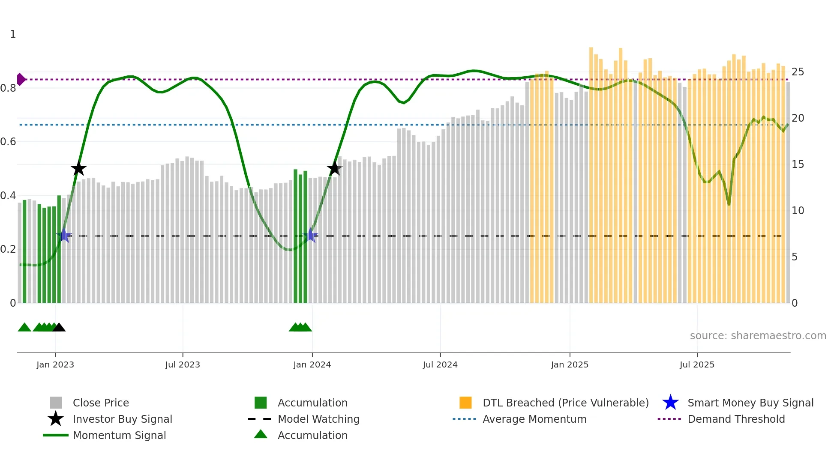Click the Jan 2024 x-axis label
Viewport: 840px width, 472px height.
(312, 364)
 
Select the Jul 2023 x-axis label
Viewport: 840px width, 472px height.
(183, 364)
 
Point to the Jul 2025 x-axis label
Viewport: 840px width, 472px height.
(697, 364)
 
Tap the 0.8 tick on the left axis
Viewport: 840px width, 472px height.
(8, 88)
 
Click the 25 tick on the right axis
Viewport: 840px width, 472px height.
(798, 72)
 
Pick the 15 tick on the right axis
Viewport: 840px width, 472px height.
(798, 164)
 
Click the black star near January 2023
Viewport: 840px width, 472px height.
(78, 168)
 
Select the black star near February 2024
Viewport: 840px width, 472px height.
(334, 168)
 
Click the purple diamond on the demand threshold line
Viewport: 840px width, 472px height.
(21, 79)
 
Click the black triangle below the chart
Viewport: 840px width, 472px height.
(59, 327)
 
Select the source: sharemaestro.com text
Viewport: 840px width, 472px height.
(758, 336)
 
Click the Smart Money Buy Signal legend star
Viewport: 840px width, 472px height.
(670, 403)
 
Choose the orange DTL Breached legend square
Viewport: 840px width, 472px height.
(465, 403)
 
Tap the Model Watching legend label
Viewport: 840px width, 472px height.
(318, 419)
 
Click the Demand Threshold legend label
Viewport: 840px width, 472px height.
(736, 419)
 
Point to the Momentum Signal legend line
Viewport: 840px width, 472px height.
(56, 435)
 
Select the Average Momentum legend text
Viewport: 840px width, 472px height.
(534, 419)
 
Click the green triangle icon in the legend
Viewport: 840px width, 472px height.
(261, 434)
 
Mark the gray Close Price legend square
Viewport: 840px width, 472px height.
(56, 403)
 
